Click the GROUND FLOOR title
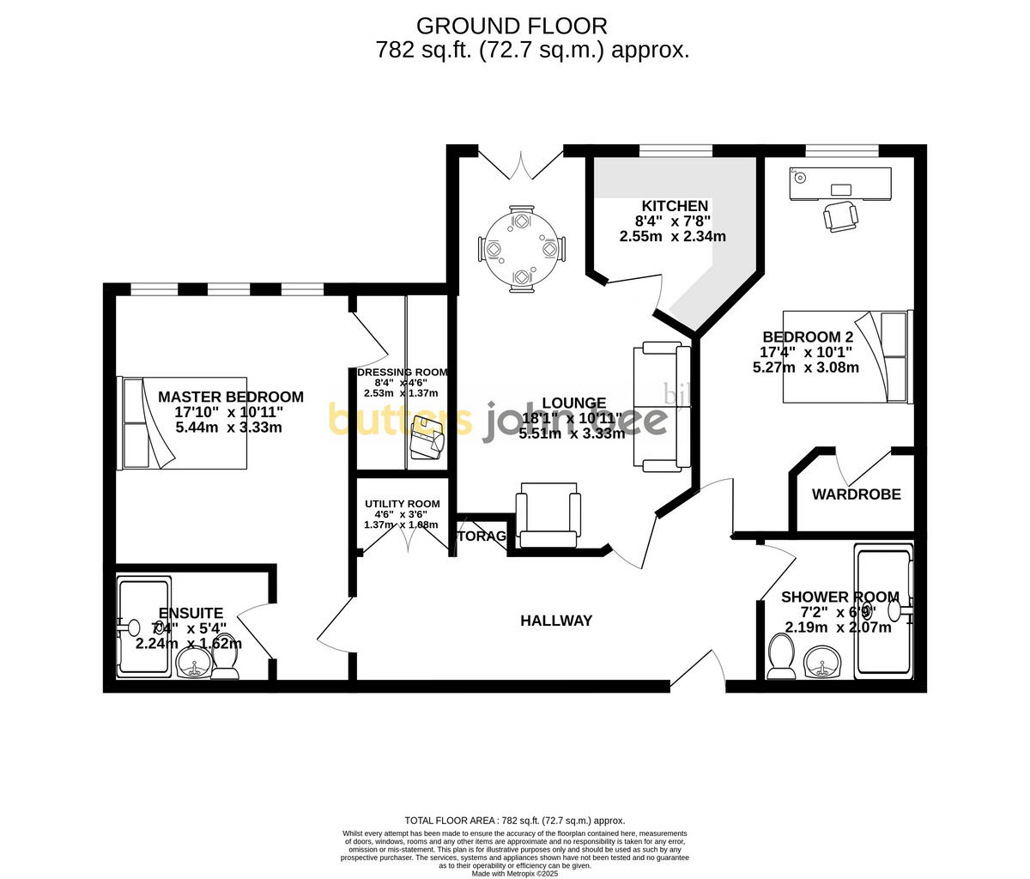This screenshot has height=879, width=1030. coord(512,27)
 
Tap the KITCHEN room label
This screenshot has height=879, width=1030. coord(675,206)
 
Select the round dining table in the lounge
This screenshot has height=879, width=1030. coord(521,249)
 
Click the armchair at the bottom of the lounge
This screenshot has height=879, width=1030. coord(548,513)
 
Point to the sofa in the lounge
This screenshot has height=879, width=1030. coord(662,406)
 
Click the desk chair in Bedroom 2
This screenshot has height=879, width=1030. coord(840,215)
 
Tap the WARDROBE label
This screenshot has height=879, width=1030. coord(856,494)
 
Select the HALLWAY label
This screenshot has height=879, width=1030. coord(556,621)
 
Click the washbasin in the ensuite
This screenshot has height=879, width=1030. coord(195,664)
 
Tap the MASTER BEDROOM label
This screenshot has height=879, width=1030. coord(230,397)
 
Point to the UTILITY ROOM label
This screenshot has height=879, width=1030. coord(402,504)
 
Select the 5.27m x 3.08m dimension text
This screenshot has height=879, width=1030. coord(805,367)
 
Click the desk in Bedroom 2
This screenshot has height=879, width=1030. coord(840,183)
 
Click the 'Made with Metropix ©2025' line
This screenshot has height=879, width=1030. coord(515,874)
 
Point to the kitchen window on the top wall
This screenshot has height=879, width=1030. coord(676,151)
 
